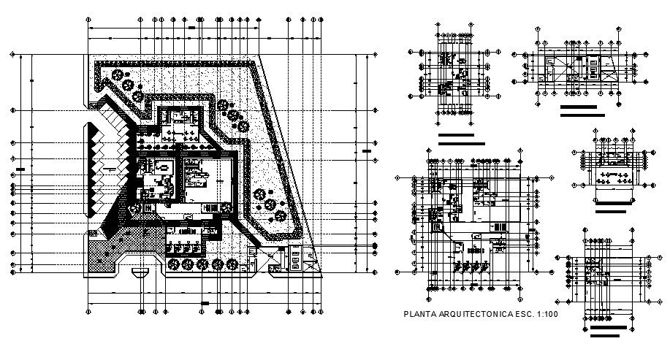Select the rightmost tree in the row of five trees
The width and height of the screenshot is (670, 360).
click(235, 264)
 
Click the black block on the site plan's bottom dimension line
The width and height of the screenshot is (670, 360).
click(205, 302)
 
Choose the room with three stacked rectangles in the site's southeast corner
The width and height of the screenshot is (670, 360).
click(295, 257)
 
